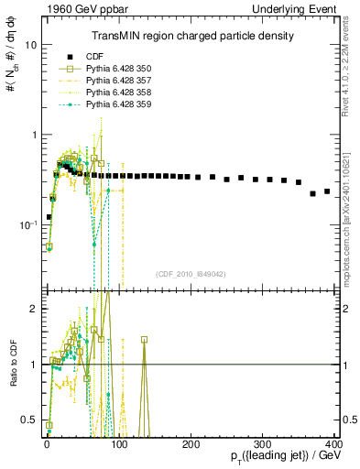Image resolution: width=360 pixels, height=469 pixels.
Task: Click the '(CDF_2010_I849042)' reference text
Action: click(x=191, y=272)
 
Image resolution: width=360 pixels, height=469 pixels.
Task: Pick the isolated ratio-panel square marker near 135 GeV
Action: click(x=144, y=339)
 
